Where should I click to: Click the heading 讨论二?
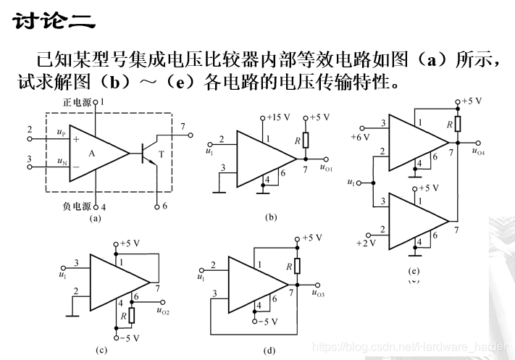pos(54,21)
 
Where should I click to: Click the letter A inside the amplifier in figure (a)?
pos(92,153)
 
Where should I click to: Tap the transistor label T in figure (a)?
pos(161,154)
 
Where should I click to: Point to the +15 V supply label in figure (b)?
pos(278,117)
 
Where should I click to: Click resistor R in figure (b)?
pos(306,141)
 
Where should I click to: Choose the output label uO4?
pos(477,152)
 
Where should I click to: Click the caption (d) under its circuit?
pos(269,351)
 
